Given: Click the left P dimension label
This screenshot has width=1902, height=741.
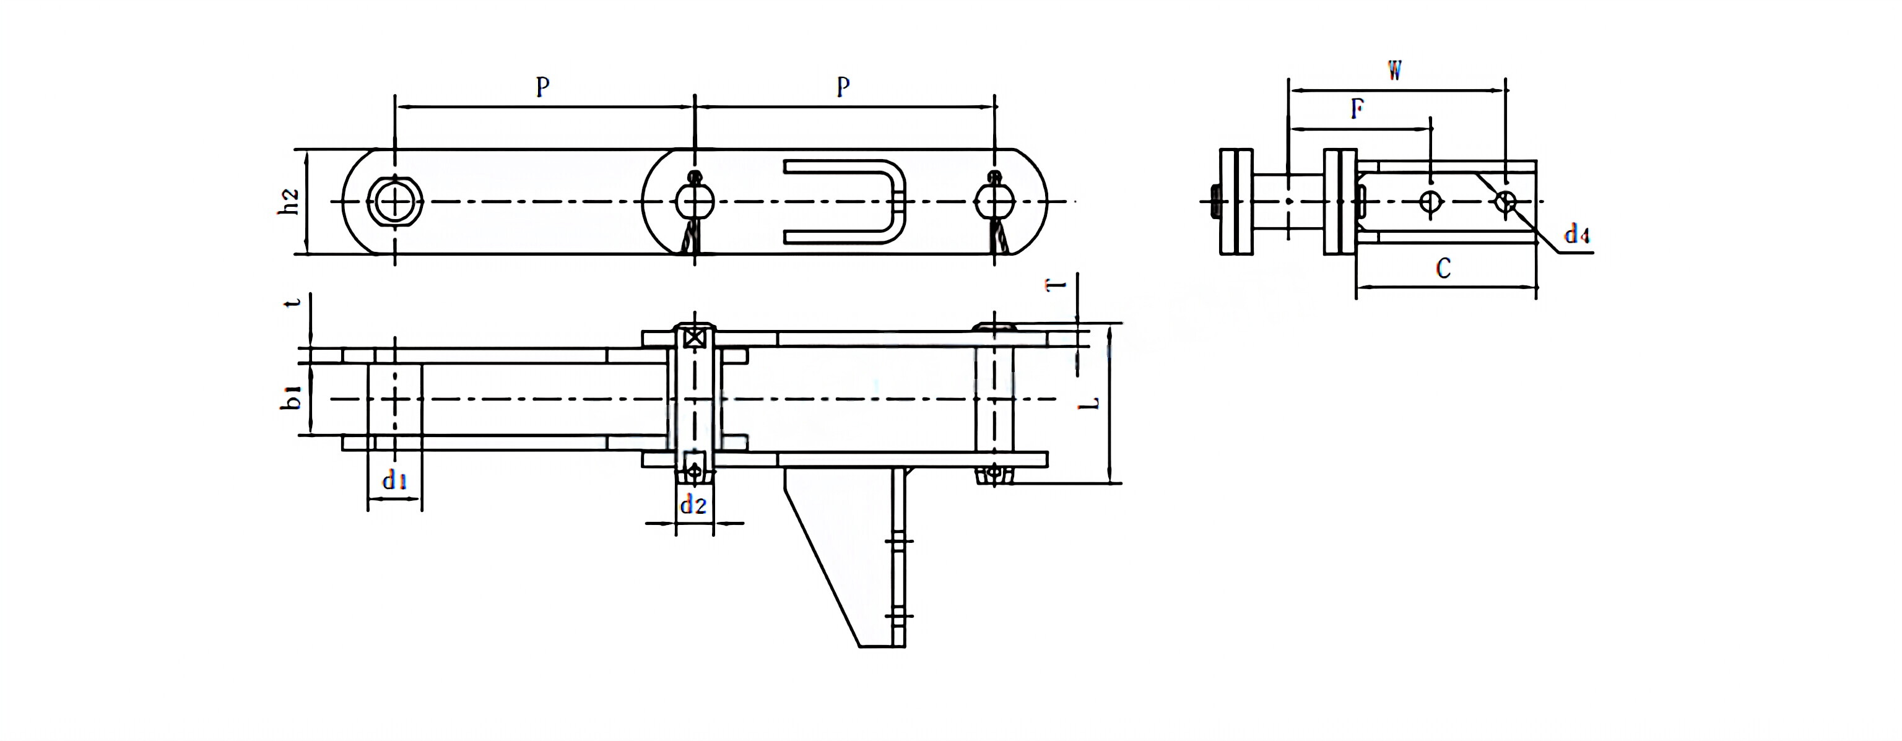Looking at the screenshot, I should (x=543, y=87).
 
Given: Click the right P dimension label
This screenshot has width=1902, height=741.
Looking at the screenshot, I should (x=843, y=87).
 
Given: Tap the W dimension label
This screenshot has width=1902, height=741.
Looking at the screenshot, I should (x=1394, y=71).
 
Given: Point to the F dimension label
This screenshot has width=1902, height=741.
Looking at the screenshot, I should (x=1357, y=109).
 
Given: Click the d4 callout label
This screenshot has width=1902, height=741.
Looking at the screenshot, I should (x=1576, y=235).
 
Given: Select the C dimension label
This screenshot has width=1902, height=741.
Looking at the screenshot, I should (x=1443, y=268).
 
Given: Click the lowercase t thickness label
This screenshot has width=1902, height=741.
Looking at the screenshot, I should (x=295, y=303).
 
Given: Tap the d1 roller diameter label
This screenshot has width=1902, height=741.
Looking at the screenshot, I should (x=394, y=481).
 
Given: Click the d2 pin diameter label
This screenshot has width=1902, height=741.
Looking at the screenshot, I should (x=693, y=505).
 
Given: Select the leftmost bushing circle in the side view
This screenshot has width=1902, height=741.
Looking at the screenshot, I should (x=395, y=201).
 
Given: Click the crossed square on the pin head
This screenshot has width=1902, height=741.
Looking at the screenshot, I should (x=693, y=339).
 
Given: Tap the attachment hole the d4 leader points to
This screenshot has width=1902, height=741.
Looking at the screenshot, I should (x=1505, y=201).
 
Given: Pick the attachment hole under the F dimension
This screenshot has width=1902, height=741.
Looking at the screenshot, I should (x=1430, y=201).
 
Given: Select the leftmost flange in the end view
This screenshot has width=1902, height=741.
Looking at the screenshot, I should (x=1236, y=201).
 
